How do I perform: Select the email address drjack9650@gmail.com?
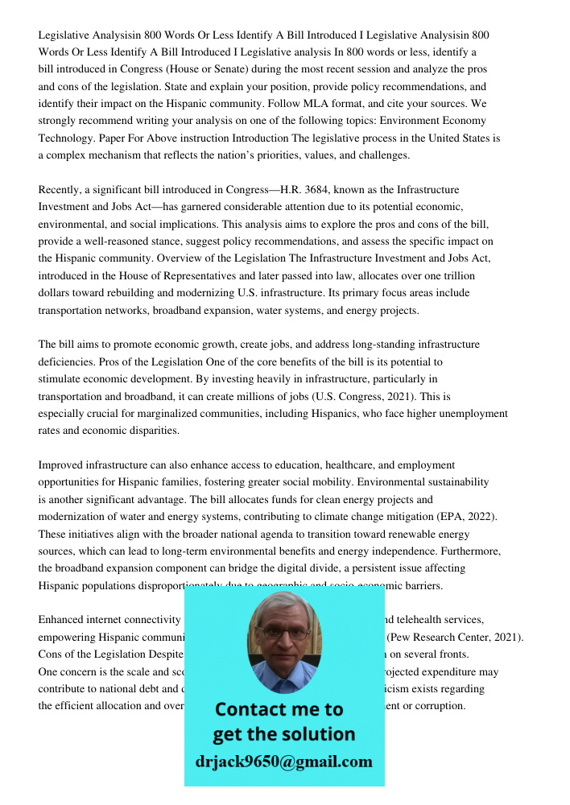coord(283,762)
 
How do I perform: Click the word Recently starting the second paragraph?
coord(61,189)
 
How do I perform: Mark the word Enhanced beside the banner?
coord(64,619)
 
